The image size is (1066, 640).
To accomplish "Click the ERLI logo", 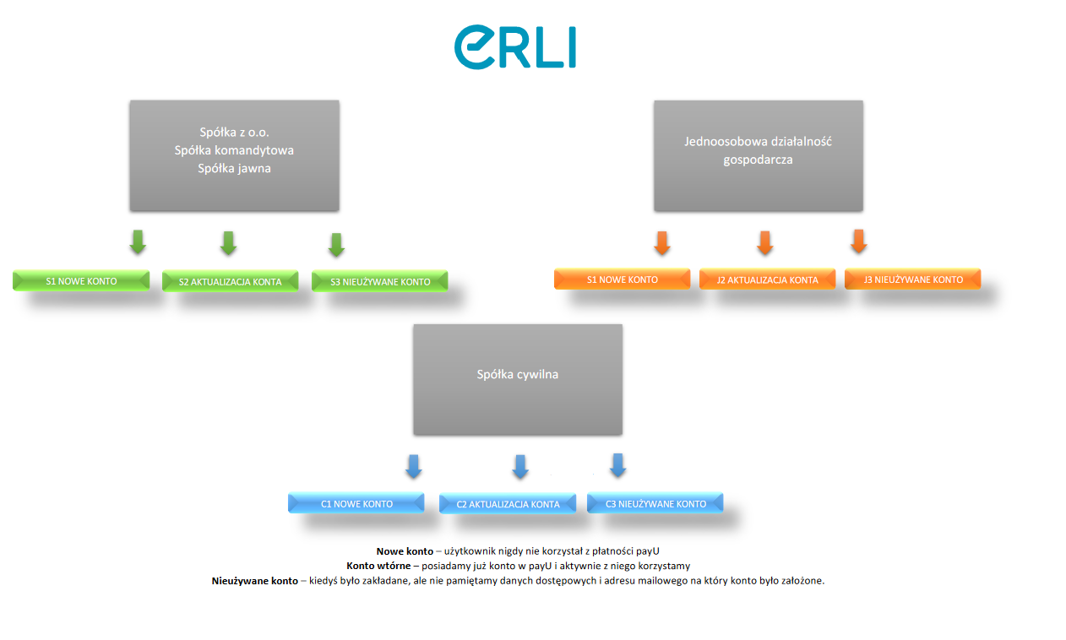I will pos(514,47).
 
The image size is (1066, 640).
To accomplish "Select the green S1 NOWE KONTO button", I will pos(81,281).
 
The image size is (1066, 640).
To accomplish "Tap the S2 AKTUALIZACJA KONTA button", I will pos(230,282).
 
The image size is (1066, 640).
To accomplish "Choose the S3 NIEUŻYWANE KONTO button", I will pos(379,282).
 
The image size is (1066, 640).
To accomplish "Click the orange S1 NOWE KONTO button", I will pos(622,279).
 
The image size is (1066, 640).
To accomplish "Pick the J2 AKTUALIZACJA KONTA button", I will pos(767,280).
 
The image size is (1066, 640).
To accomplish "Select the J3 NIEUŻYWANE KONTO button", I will pos(912,279).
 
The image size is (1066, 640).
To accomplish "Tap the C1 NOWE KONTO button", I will pos(356,504).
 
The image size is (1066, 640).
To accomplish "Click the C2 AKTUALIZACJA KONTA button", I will pos(507,505).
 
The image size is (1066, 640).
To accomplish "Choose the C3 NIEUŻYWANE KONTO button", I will pos(655,504).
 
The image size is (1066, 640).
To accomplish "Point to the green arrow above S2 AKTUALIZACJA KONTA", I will pos(228,243).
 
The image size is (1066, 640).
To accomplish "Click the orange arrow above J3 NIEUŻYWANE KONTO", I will pos(859,241).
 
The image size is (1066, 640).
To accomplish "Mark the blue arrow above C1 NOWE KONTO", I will pos(414,466).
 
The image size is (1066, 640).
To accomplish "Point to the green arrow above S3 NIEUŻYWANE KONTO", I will pos(336,245).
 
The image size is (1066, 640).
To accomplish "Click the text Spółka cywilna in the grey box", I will pos(517,374).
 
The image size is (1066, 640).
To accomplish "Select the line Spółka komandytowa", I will pos(234,150).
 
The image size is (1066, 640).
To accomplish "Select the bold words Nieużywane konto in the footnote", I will pos(254,581).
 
